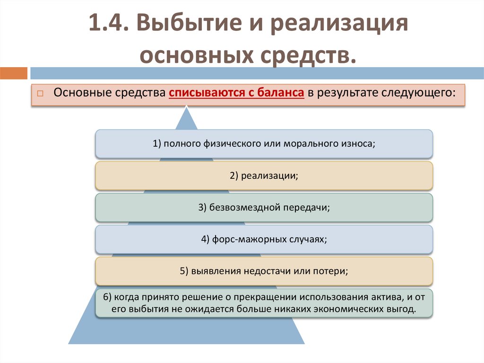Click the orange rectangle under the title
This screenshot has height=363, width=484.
[x=14, y=73]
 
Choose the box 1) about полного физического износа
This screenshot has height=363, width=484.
[x=264, y=143]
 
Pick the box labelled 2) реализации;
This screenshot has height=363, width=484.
[x=264, y=176]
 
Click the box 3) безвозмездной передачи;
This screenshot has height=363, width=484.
[x=264, y=207]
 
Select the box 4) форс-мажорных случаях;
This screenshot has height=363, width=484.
[x=264, y=239]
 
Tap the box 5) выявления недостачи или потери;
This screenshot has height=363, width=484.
[x=264, y=271]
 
